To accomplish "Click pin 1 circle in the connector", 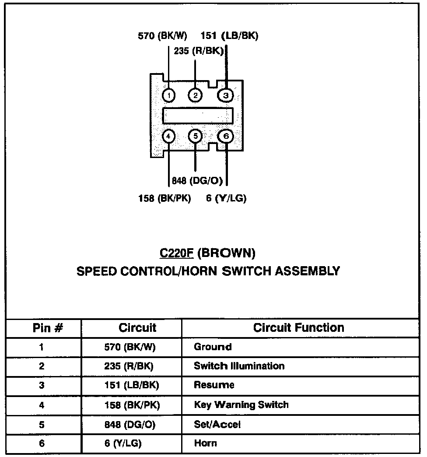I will [x=169, y=95].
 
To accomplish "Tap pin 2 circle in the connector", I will [x=196, y=95].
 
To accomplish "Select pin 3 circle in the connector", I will [x=226, y=95].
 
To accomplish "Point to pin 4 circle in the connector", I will [x=169, y=136].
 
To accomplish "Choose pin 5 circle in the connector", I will [x=196, y=136].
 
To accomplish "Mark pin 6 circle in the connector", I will [x=226, y=136].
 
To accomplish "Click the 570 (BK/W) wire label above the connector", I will [x=162, y=36].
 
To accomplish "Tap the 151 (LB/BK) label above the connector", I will [x=229, y=36].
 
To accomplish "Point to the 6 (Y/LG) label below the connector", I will [x=226, y=198].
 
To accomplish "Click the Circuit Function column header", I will [x=298, y=328].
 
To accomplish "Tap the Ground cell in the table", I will [x=213, y=347].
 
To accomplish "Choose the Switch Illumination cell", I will [x=239, y=366].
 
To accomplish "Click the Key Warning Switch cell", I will [x=241, y=404].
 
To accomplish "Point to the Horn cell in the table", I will [x=205, y=443].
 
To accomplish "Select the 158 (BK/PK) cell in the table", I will [x=132, y=405].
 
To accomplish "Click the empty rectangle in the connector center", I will [x=197, y=116].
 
